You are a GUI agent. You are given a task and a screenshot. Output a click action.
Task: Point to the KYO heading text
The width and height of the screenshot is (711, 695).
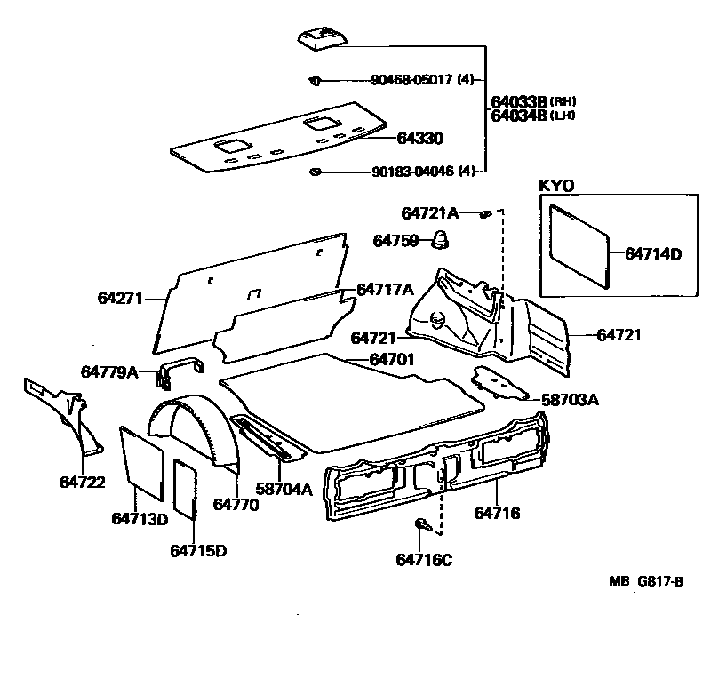coord(557,186)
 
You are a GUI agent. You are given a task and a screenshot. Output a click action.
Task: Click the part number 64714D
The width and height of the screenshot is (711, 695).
coord(652,254)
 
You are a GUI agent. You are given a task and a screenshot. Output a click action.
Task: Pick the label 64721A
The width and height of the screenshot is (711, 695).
coord(430,213)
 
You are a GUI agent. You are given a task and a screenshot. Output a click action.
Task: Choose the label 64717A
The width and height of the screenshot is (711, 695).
coord(385,289)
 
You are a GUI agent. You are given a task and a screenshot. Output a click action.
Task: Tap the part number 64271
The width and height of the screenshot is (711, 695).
coord(120,299)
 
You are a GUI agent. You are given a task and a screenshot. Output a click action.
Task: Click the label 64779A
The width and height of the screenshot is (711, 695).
coord(109,371)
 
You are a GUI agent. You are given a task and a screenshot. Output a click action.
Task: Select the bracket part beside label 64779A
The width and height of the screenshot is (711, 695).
coord(179,371)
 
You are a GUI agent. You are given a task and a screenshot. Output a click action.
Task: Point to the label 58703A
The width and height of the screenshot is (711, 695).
coord(570,400)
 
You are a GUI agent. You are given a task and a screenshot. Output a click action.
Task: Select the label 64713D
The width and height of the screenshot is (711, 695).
coord(140,518)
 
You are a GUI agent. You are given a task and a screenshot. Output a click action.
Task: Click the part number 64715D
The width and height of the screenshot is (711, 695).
coord(198,550)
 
